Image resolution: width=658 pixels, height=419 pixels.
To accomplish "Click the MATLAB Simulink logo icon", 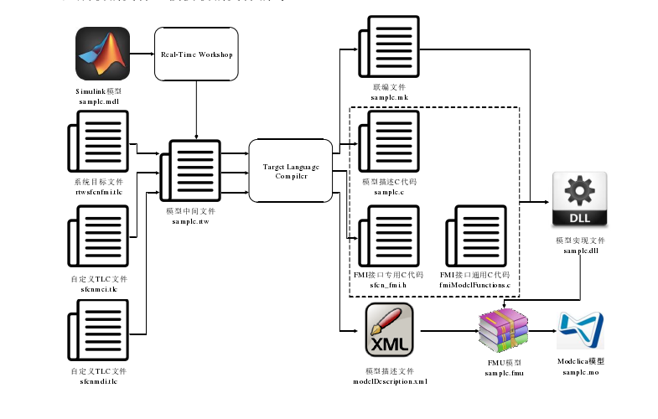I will click(103, 54).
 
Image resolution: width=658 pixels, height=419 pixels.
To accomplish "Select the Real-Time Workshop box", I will click(197, 54).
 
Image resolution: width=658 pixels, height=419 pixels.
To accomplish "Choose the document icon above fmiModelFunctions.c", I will click(474, 241).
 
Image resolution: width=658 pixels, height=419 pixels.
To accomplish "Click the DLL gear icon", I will click(579, 199).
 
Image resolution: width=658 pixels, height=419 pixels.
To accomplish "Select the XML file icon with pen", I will click(391, 330).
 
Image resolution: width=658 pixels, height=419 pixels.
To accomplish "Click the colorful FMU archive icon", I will click(504, 330).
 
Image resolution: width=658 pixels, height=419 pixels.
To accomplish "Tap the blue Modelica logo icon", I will click(581, 330).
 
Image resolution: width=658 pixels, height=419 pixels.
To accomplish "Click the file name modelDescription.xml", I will click(391, 381).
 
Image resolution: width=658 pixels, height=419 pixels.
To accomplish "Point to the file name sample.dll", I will click(580, 251).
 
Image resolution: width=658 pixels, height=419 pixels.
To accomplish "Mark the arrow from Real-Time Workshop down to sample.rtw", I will click(197, 109).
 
